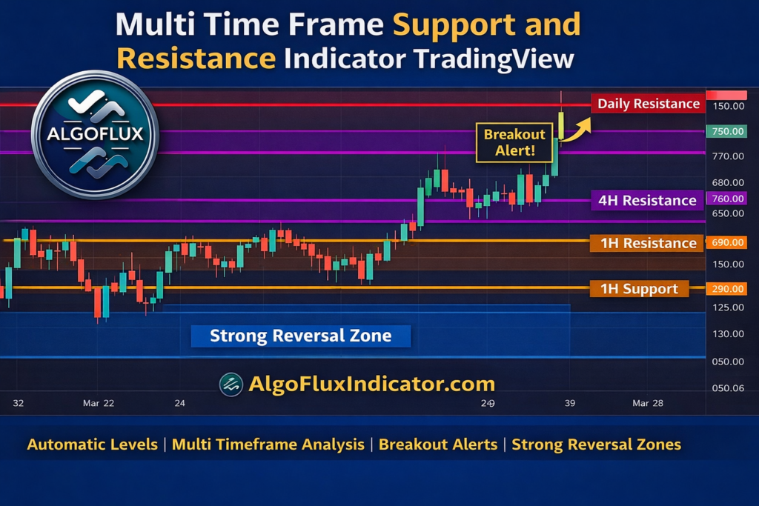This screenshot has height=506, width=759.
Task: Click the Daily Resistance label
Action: pos(649,104)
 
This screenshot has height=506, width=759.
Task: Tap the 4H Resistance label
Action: pos(647,200)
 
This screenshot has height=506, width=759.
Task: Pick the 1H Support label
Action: pos(639,289)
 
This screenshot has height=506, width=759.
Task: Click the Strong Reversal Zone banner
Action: pos(300,336)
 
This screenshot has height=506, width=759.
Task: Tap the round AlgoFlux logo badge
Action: pos(95,135)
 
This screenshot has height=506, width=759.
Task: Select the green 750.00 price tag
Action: pos(726,131)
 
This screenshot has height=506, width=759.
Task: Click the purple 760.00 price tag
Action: pos(726,199)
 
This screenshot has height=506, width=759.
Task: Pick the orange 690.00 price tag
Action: pos(726,242)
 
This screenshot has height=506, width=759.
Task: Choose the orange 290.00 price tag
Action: pos(726,288)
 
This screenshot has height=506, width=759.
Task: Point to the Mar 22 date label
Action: pos(99,403)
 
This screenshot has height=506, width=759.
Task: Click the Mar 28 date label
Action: pos(648,403)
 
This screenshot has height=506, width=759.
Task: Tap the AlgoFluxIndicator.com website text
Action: pos(371,384)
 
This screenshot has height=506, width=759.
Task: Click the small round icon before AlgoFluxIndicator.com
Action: pos(231,384)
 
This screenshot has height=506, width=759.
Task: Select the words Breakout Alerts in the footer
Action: pos(438,445)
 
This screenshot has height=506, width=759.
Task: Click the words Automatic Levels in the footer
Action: pos(92,445)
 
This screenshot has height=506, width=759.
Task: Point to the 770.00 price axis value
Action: pos(728,156)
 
